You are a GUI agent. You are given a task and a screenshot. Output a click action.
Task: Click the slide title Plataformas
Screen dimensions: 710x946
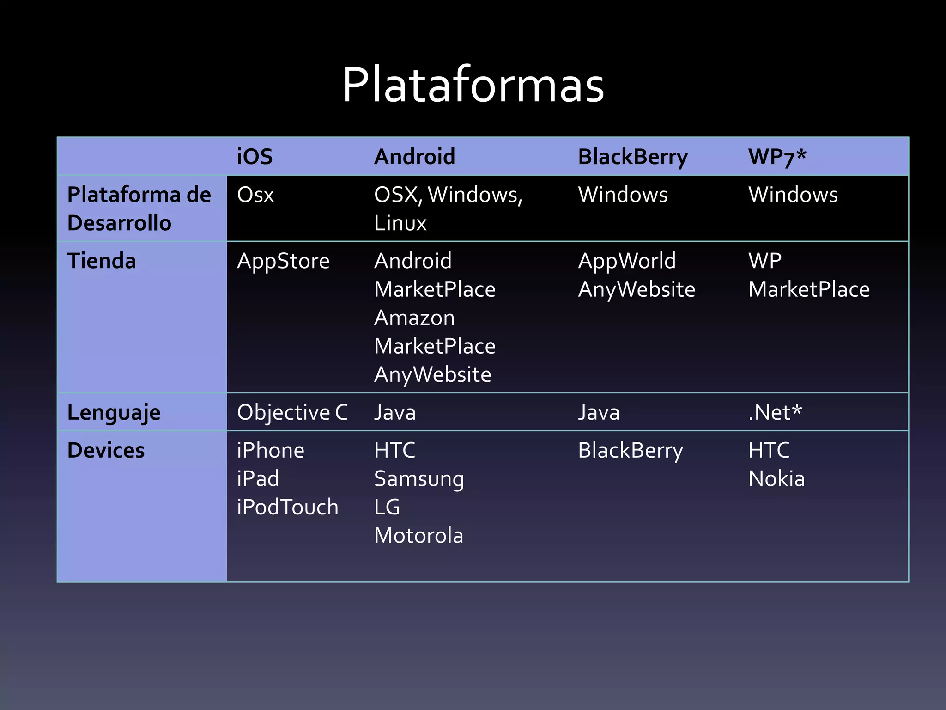tap(473, 85)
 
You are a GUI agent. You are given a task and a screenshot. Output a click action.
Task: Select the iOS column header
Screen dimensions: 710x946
tap(255, 157)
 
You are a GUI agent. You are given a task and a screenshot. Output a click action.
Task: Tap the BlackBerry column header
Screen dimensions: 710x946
tap(633, 157)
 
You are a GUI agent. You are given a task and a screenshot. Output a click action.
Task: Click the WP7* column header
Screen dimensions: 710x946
tap(777, 157)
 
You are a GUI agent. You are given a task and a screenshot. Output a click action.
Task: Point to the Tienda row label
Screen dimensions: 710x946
tap(102, 261)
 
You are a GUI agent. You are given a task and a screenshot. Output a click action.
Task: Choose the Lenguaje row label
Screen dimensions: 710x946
tap(114, 412)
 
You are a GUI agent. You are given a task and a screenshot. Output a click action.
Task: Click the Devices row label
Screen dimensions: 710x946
tap(106, 450)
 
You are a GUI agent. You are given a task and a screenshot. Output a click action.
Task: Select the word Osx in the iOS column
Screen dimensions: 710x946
tap(255, 195)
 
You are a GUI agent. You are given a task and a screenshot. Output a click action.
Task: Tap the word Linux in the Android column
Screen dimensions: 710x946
tap(400, 223)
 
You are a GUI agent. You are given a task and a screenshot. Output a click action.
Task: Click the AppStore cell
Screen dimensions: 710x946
tap(283, 261)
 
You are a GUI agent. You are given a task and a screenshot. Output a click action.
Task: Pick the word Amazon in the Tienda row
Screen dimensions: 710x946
tap(414, 318)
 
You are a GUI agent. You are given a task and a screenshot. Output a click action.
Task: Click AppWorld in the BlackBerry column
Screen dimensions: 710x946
tap(627, 261)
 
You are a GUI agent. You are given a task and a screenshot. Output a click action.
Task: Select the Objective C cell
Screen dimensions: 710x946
tap(292, 412)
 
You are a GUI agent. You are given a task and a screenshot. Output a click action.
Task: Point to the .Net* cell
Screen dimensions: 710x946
tap(775, 412)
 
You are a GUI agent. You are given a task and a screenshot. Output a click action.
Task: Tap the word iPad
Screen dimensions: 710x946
tap(258, 479)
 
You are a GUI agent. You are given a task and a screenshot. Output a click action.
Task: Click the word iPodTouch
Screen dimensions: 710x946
tap(287, 507)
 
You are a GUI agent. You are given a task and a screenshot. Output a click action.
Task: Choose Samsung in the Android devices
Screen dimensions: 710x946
tap(419, 479)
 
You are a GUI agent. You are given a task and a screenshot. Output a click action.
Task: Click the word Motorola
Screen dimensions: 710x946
tap(418, 536)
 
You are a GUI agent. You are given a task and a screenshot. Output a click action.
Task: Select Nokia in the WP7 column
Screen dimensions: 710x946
tap(776, 479)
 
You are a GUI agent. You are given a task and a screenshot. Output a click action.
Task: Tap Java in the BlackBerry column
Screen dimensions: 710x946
tap(599, 412)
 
